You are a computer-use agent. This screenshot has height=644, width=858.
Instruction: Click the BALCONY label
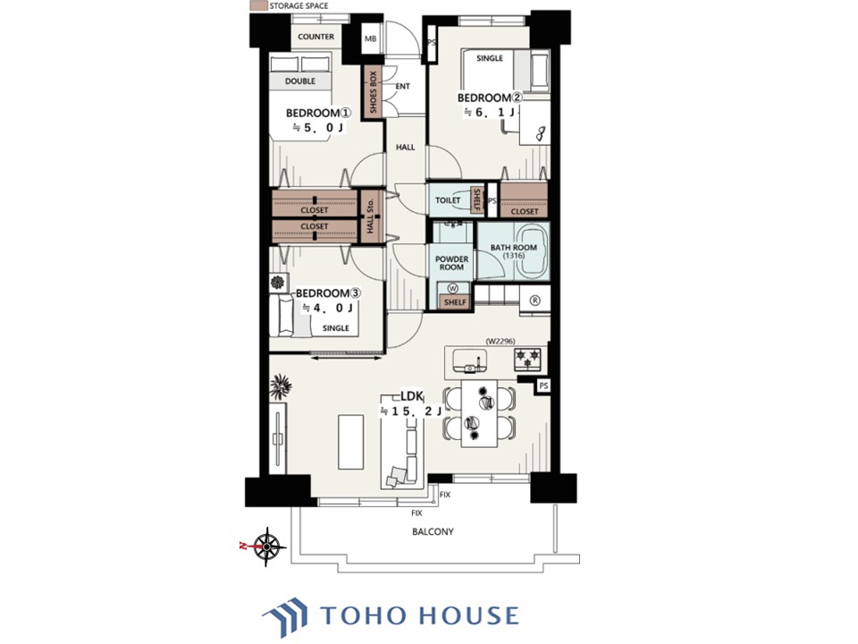coord(433,531)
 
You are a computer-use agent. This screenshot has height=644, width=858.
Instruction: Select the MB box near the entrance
coord(370,38)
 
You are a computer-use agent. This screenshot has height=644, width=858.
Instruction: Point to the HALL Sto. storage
coord(370,216)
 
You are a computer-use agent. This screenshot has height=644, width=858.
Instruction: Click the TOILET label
coord(448,199)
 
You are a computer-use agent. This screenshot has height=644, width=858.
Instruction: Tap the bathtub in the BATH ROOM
coord(533,252)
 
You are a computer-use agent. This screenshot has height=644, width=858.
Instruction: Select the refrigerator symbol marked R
coord(535,301)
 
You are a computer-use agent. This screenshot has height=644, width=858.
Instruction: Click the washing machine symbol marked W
coord(453,288)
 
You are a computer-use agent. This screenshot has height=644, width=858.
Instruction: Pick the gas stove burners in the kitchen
coord(527,360)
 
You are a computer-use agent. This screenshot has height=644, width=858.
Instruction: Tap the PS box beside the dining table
coord(543,386)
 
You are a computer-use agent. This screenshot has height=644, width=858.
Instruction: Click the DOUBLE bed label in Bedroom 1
coord(300,81)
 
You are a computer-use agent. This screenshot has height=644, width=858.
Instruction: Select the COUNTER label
coord(315,37)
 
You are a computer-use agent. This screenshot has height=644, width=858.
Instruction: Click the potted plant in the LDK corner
coord(281,386)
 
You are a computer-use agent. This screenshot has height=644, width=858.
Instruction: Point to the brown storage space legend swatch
coord(259,5)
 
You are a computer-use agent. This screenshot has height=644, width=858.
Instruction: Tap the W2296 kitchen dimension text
coord(500,341)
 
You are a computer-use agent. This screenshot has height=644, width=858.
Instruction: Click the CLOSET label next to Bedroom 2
coord(525,211)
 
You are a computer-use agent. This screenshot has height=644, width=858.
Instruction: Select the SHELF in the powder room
coord(455,301)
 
